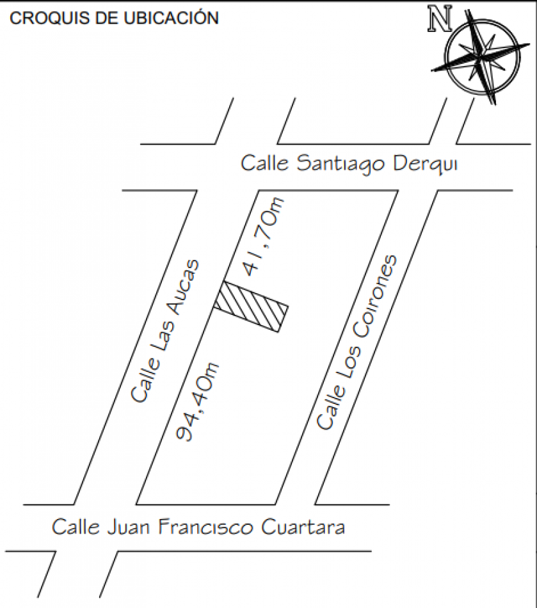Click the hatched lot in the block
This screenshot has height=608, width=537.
tap(251, 307)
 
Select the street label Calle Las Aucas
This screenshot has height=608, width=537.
tap(166, 330)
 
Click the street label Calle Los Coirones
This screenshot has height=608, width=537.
tap(356, 343)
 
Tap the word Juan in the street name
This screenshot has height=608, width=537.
tap(129, 528)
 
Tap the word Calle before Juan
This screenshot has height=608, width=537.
tap(76, 527)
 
